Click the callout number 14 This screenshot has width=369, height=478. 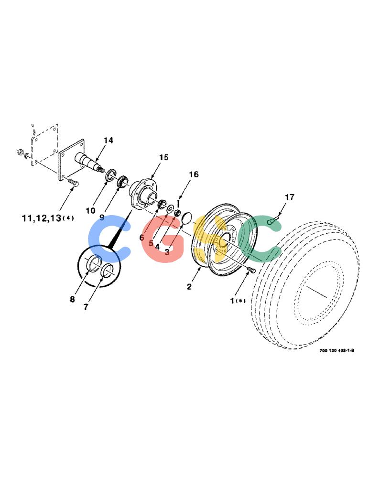click(108, 140)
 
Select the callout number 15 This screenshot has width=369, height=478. click(163, 157)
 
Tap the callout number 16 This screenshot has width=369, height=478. click(194, 174)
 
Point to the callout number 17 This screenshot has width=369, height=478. click(289, 197)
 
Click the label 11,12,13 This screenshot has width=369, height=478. click(42, 218)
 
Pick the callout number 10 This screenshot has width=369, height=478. click(90, 211)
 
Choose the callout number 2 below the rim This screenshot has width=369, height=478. click(189, 287)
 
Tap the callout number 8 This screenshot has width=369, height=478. click(72, 299)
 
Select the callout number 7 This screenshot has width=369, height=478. click(86, 307)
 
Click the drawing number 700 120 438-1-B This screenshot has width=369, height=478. click(336, 350)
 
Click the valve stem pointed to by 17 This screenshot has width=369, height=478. click(273, 220)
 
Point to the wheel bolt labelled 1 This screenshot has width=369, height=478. click(250, 270)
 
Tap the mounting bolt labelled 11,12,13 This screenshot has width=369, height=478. click(73, 183)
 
